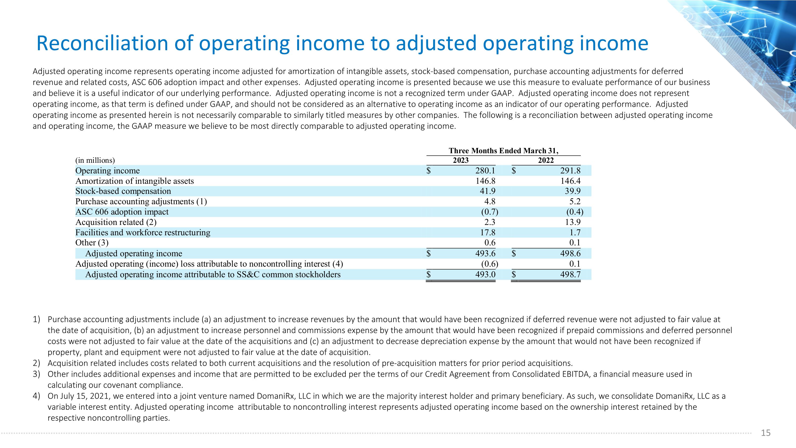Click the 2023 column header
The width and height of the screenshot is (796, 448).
click(460, 160)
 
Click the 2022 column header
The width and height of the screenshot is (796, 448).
click(546, 160)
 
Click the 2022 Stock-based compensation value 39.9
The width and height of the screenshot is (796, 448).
click(573, 191)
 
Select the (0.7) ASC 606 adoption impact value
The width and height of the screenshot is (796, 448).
click(490, 212)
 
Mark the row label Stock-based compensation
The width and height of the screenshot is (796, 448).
click(123, 191)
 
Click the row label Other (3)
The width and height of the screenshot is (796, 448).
click(92, 243)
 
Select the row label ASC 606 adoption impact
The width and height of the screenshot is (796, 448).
click(122, 212)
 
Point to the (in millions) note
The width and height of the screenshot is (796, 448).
click(95, 160)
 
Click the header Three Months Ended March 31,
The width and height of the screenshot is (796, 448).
click(503, 151)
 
